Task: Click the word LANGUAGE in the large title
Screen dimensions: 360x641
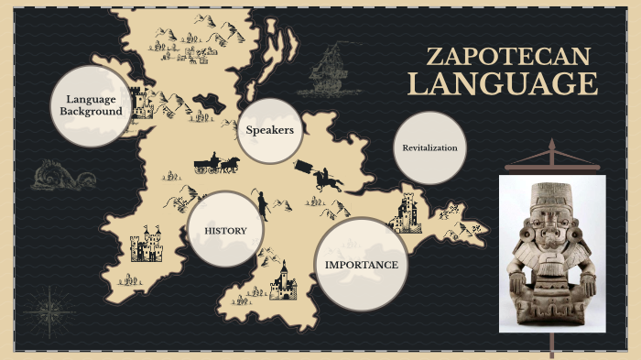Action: [503, 84]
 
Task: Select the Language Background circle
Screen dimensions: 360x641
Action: [91, 105]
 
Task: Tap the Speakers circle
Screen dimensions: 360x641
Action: [269, 130]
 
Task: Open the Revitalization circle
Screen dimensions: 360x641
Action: [429, 147]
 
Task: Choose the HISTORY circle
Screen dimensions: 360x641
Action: [225, 230]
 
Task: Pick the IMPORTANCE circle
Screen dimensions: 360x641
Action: [362, 265]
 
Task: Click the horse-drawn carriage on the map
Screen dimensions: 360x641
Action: [216, 164]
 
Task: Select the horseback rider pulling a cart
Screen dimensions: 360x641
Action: [320, 175]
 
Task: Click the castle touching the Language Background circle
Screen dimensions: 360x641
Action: [142, 102]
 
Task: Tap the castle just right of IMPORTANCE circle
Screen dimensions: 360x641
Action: [405, 215]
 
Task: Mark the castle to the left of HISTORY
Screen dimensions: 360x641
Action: [146, 245]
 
